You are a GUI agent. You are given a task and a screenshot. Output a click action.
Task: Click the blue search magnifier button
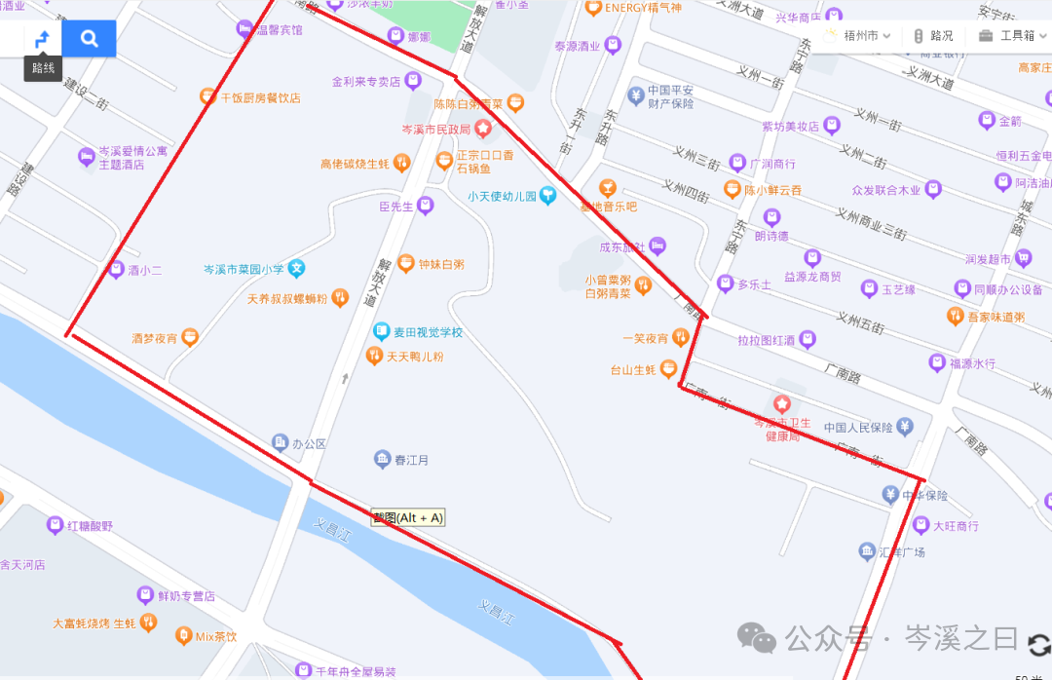pyautogui.click(x=89, y=39)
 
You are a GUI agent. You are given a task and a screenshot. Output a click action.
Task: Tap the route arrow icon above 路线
pyautogui.click(x=42, y=39)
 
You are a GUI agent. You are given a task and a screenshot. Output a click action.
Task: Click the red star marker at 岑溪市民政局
pyautogui.click(x=482, y=129)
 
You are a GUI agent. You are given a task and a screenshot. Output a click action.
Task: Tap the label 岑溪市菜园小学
pyautogui.click(x=244, y=269)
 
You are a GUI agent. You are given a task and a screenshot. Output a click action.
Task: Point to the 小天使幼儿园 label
pyautogui.click(x=502, y=197)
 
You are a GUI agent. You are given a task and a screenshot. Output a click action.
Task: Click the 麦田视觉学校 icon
pyautogui.click(x=381, y=332)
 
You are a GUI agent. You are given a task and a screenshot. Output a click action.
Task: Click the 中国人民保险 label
pyautogui.click(x=858, y=427)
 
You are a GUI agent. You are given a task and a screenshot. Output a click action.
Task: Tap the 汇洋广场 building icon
pyautogui.click(x=867, y=552)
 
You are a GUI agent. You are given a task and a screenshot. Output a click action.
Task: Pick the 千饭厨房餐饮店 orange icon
pyautogui.click(x=207, y=96)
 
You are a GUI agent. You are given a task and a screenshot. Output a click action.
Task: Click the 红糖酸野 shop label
pyautogui.click(x=90, y=526)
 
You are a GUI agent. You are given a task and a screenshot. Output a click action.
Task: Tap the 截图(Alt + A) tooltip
pyautogui.click(x=407, y=517)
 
